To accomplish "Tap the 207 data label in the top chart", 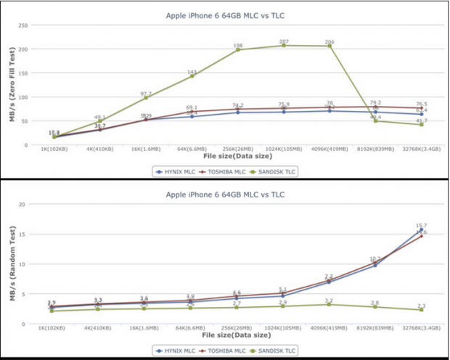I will click(x=284, y=41).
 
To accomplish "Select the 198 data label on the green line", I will click(x=238, y=45).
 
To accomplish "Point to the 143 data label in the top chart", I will click(x=192, y=72).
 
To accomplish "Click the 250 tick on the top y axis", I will click(x=23, y=25).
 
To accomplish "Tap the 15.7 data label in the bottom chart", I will click(x=421, y=226).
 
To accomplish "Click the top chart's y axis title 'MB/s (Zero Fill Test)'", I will click(x=12, y=86).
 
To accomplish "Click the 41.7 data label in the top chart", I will click(x=421, y=120).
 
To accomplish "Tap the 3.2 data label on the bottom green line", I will click(x=330, y=300).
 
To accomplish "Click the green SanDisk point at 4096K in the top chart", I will click(x=330, y=46).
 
